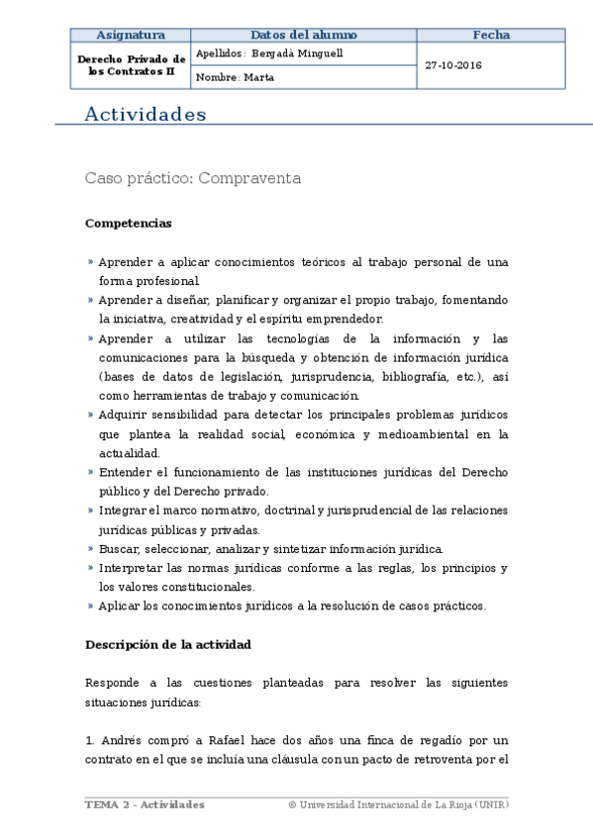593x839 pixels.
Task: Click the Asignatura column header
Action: pos(130,35)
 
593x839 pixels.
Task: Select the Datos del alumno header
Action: pos(303,35)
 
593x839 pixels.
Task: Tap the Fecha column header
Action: pos(490,35)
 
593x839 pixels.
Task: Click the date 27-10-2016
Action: pos(453,65)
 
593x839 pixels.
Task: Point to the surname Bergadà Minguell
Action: pos(297,53)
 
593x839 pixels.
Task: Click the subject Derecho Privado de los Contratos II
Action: pos(130,66)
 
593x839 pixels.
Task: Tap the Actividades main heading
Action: pos(146,115)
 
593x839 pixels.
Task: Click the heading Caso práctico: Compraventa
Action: pos(192,178)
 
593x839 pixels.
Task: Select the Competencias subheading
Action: pos(129,224)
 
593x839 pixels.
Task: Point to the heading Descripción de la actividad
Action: pos(167,644)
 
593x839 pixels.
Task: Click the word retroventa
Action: pos(458,759)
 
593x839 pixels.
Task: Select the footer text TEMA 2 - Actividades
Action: pos(145,804)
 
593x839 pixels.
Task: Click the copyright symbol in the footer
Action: pos(292,804)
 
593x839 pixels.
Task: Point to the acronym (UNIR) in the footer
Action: pos(491,804)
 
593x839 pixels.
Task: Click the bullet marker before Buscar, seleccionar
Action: pos(90,549)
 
